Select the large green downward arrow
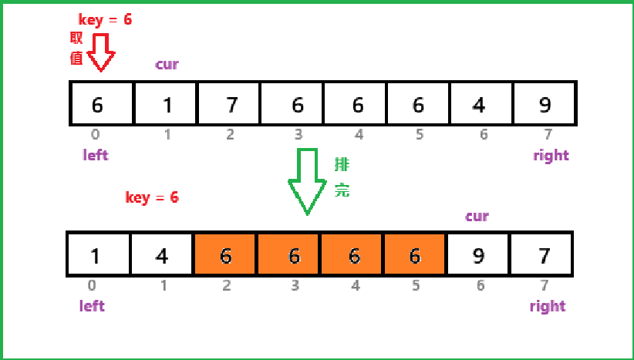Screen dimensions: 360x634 (307, 181)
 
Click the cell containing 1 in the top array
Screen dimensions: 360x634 (167, 103)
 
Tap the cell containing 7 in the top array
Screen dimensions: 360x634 (230, 103)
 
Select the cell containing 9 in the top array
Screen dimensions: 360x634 (544, 103)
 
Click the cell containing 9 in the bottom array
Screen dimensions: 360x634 (477, 254)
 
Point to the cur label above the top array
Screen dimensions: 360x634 (167, 64)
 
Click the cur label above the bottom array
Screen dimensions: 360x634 (477, 216)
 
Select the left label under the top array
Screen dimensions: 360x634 (96, 155)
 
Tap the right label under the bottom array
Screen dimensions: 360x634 (548, 306)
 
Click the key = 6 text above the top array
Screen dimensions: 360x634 (106, 20)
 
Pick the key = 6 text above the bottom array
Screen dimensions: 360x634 (152, 197)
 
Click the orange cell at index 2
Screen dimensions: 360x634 (225, 254)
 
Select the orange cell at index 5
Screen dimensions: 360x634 (414, 254)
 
